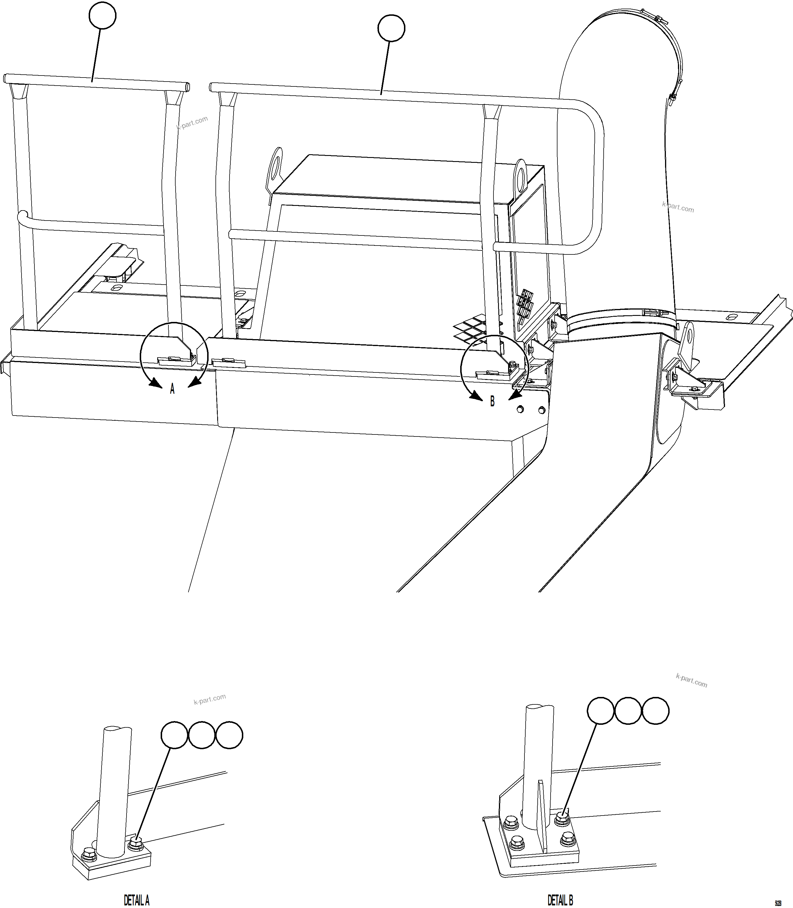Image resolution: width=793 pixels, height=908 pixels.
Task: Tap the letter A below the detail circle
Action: [x=172, y=389]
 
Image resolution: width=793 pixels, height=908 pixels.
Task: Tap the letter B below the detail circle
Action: [x=492, y=402]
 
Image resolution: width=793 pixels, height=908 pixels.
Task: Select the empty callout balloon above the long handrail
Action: [x=391, y=28]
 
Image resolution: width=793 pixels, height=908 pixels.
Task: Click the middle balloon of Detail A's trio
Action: [x=202, y=735]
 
